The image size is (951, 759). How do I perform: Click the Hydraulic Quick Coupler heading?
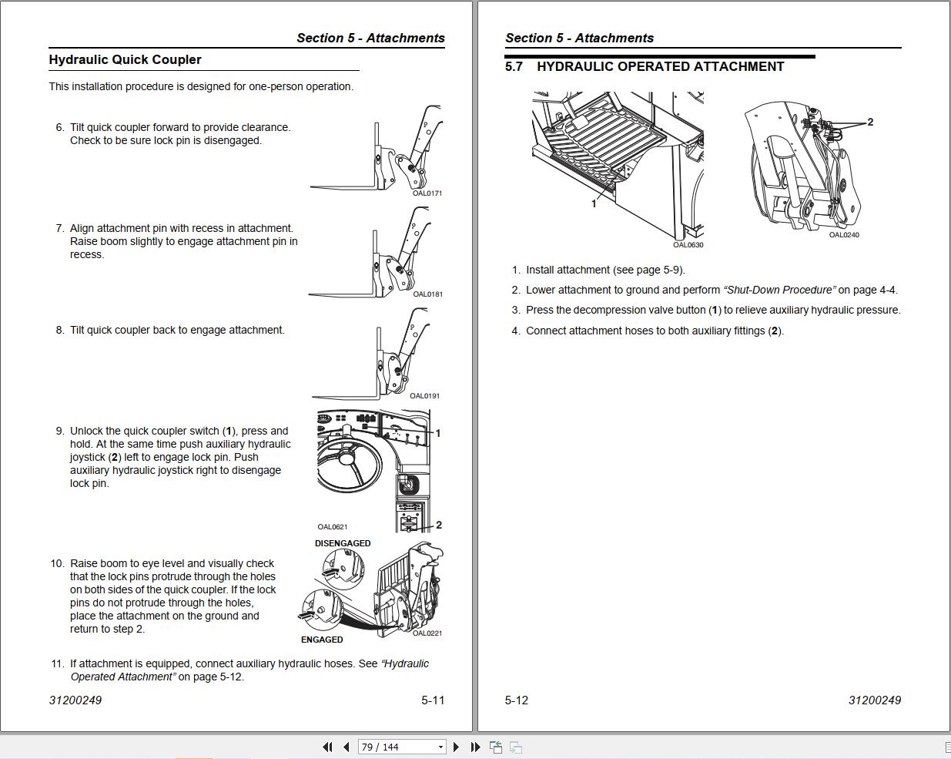125,60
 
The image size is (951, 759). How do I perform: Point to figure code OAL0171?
427,193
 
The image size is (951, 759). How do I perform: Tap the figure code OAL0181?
427,294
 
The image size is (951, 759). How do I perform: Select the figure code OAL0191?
424,396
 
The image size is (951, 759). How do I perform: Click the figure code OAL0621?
333,527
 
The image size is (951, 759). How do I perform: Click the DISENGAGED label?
343,543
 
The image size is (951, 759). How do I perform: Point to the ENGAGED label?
322,640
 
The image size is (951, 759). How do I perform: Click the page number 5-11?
433,700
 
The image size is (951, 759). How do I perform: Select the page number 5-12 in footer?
517,700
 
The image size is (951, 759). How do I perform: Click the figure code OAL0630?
688,245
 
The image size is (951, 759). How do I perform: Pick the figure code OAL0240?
844,235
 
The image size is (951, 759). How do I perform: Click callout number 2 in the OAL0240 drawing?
870,122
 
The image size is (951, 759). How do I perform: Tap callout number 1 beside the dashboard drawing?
438,433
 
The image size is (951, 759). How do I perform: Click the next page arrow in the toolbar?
457,747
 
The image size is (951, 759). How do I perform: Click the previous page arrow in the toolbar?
347,747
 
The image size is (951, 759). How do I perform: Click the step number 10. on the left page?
58,563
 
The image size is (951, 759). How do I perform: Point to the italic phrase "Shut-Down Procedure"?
779,291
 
